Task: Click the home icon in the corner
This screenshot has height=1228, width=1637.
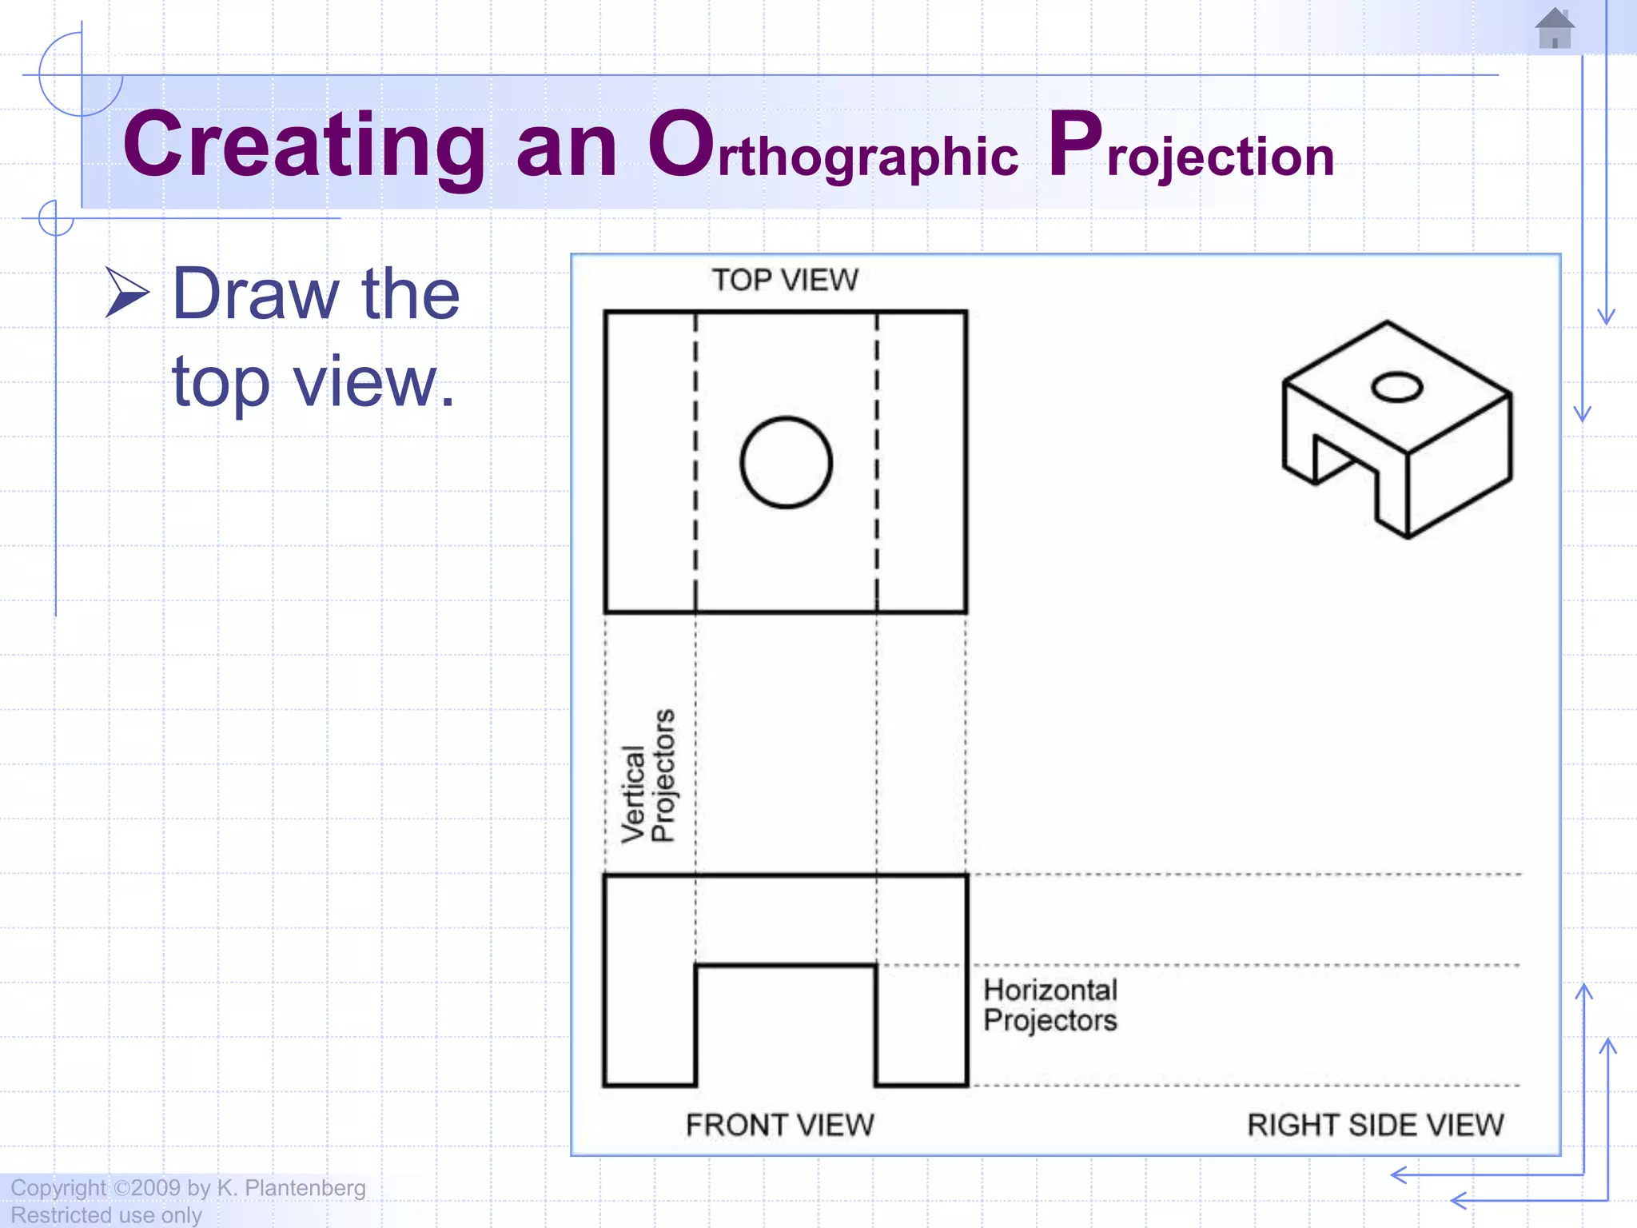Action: [1555, 29]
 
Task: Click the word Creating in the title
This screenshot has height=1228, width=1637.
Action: [304, 146]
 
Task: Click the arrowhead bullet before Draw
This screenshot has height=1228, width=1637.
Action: [127, 293]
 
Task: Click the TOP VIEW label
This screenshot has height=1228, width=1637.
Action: [785, 281]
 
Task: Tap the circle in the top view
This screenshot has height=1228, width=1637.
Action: [786, 462]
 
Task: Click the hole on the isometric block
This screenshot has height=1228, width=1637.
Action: [1396, 388]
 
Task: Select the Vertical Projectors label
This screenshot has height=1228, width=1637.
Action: [648, 775]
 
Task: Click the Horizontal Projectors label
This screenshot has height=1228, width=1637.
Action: [1050, 1005]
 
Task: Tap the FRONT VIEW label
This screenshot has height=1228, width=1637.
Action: [780, 1125]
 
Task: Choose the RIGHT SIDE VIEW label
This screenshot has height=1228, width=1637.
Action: [1375, 1125]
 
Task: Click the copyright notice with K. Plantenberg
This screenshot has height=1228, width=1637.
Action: [189, 1188]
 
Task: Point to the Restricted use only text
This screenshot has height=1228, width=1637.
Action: [106, 1215]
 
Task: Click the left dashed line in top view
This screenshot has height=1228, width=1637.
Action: [695, 462]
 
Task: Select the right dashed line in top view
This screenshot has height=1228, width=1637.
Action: [877, 462]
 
